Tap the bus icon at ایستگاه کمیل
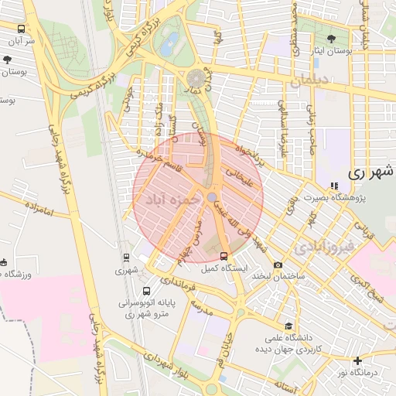[x=224, y=256]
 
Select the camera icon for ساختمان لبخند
[x=278, y=265]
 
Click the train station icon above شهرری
[x=126, y=258]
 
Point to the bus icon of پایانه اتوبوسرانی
[x=147, y=292]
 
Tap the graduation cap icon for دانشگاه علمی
[x=289, y=326]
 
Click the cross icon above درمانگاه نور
[x=357, y=361]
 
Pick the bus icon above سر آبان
[x=20, y=29]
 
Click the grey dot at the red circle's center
[x=212, y=197]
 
